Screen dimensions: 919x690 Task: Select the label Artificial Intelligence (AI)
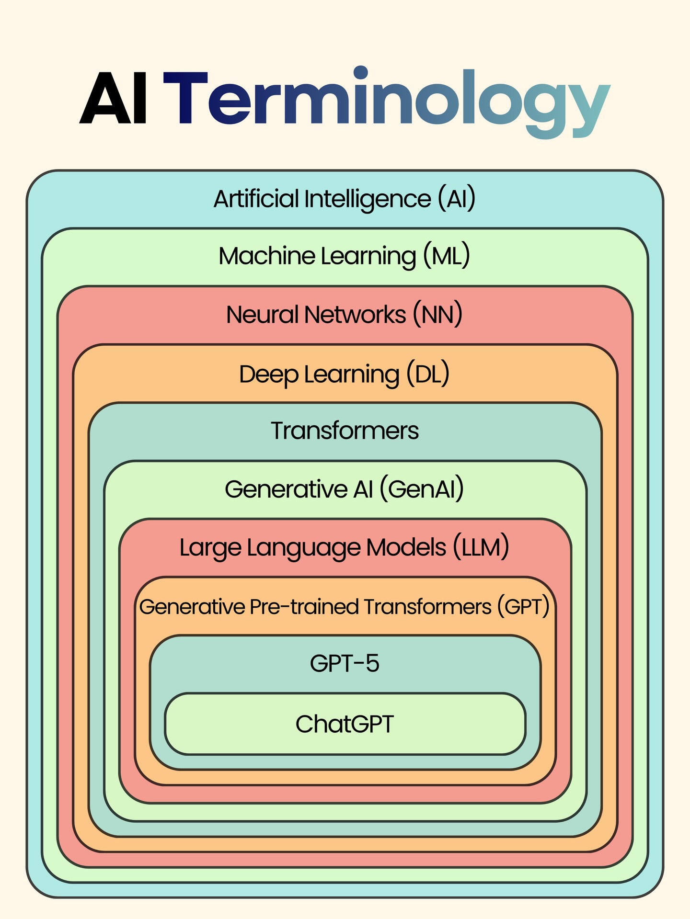pos(345,199)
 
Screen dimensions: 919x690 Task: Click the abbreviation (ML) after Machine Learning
pos(446,256)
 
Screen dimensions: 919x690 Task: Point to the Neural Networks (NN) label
pos(345,315)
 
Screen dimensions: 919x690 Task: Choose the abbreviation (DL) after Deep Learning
pos(428,374)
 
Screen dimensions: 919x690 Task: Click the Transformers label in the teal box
pos(345,430)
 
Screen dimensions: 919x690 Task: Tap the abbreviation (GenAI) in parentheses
pos(422,489)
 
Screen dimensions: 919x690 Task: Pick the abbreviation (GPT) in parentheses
pos(523,607)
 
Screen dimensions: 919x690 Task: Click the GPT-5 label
pos(345,663)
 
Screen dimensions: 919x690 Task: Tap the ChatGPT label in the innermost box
pos(345,724)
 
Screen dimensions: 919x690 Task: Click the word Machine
pos(266,256)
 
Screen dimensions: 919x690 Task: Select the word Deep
pos(268,374)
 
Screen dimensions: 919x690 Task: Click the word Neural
pos(262,315)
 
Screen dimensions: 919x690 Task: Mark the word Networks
pos(355,315)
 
